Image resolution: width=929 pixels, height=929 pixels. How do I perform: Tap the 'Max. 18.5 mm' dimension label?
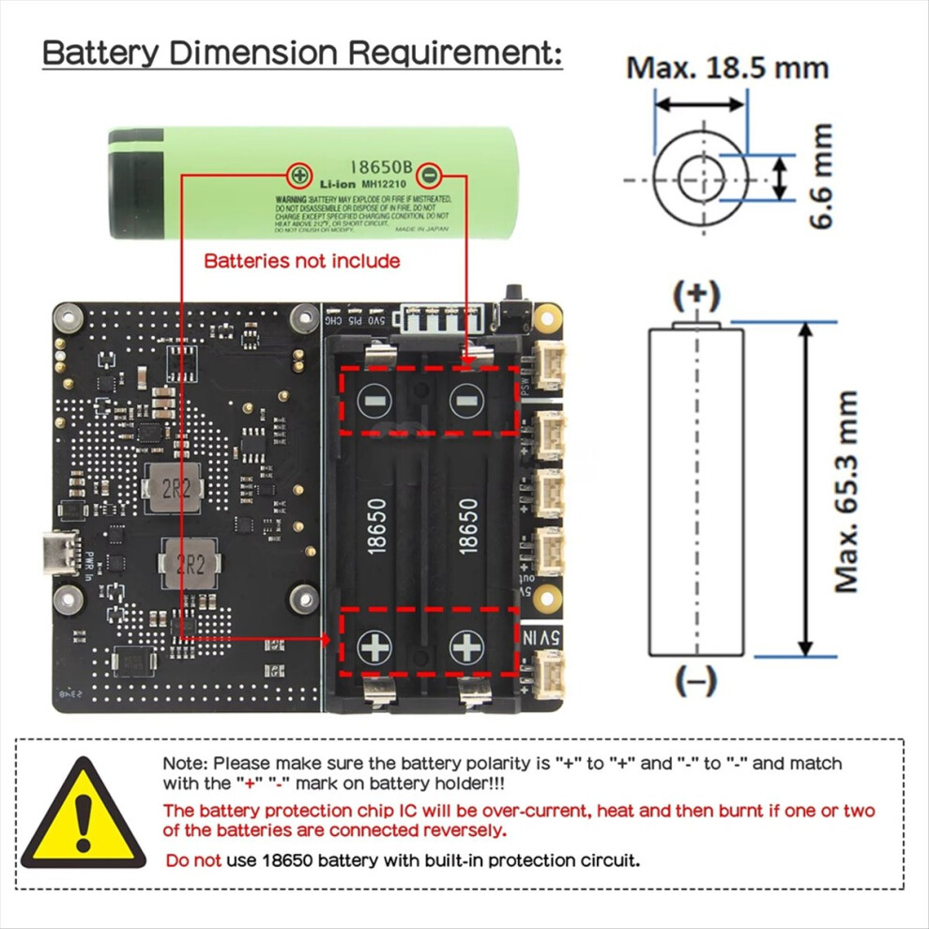click(x=727, y=68)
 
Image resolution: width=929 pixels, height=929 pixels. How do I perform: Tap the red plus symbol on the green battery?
click(x=299, y=175)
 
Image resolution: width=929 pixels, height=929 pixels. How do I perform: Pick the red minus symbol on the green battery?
click(x=428, y=175)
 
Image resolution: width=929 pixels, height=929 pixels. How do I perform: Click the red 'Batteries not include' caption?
click(x=302, y=261)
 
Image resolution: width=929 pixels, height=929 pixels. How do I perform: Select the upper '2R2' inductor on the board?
click(x=174, y=490)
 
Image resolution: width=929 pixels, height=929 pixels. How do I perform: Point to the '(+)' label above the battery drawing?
click(x=695, y=295)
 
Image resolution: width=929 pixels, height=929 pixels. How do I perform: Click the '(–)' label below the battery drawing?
click(x=695, y=680)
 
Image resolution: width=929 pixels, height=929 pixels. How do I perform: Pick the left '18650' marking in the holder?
click(x=376, y=525)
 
